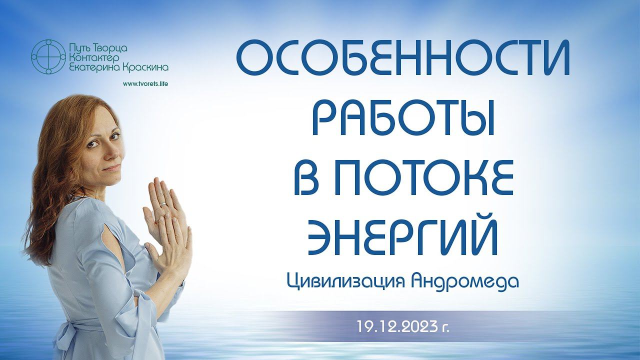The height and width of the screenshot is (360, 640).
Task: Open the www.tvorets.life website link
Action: tap(145, 84)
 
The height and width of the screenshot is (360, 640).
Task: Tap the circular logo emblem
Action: tap(48, 57)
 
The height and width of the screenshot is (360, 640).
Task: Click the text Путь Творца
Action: tap(97, 48)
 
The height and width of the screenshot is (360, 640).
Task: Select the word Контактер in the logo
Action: tap(93, 58)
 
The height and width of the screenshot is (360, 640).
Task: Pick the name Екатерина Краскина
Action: tap(118, 67)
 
